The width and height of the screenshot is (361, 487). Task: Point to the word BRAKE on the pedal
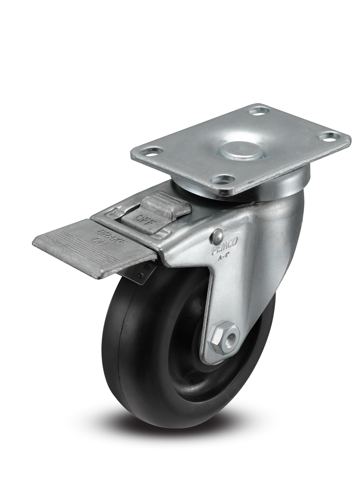point(103,235)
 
